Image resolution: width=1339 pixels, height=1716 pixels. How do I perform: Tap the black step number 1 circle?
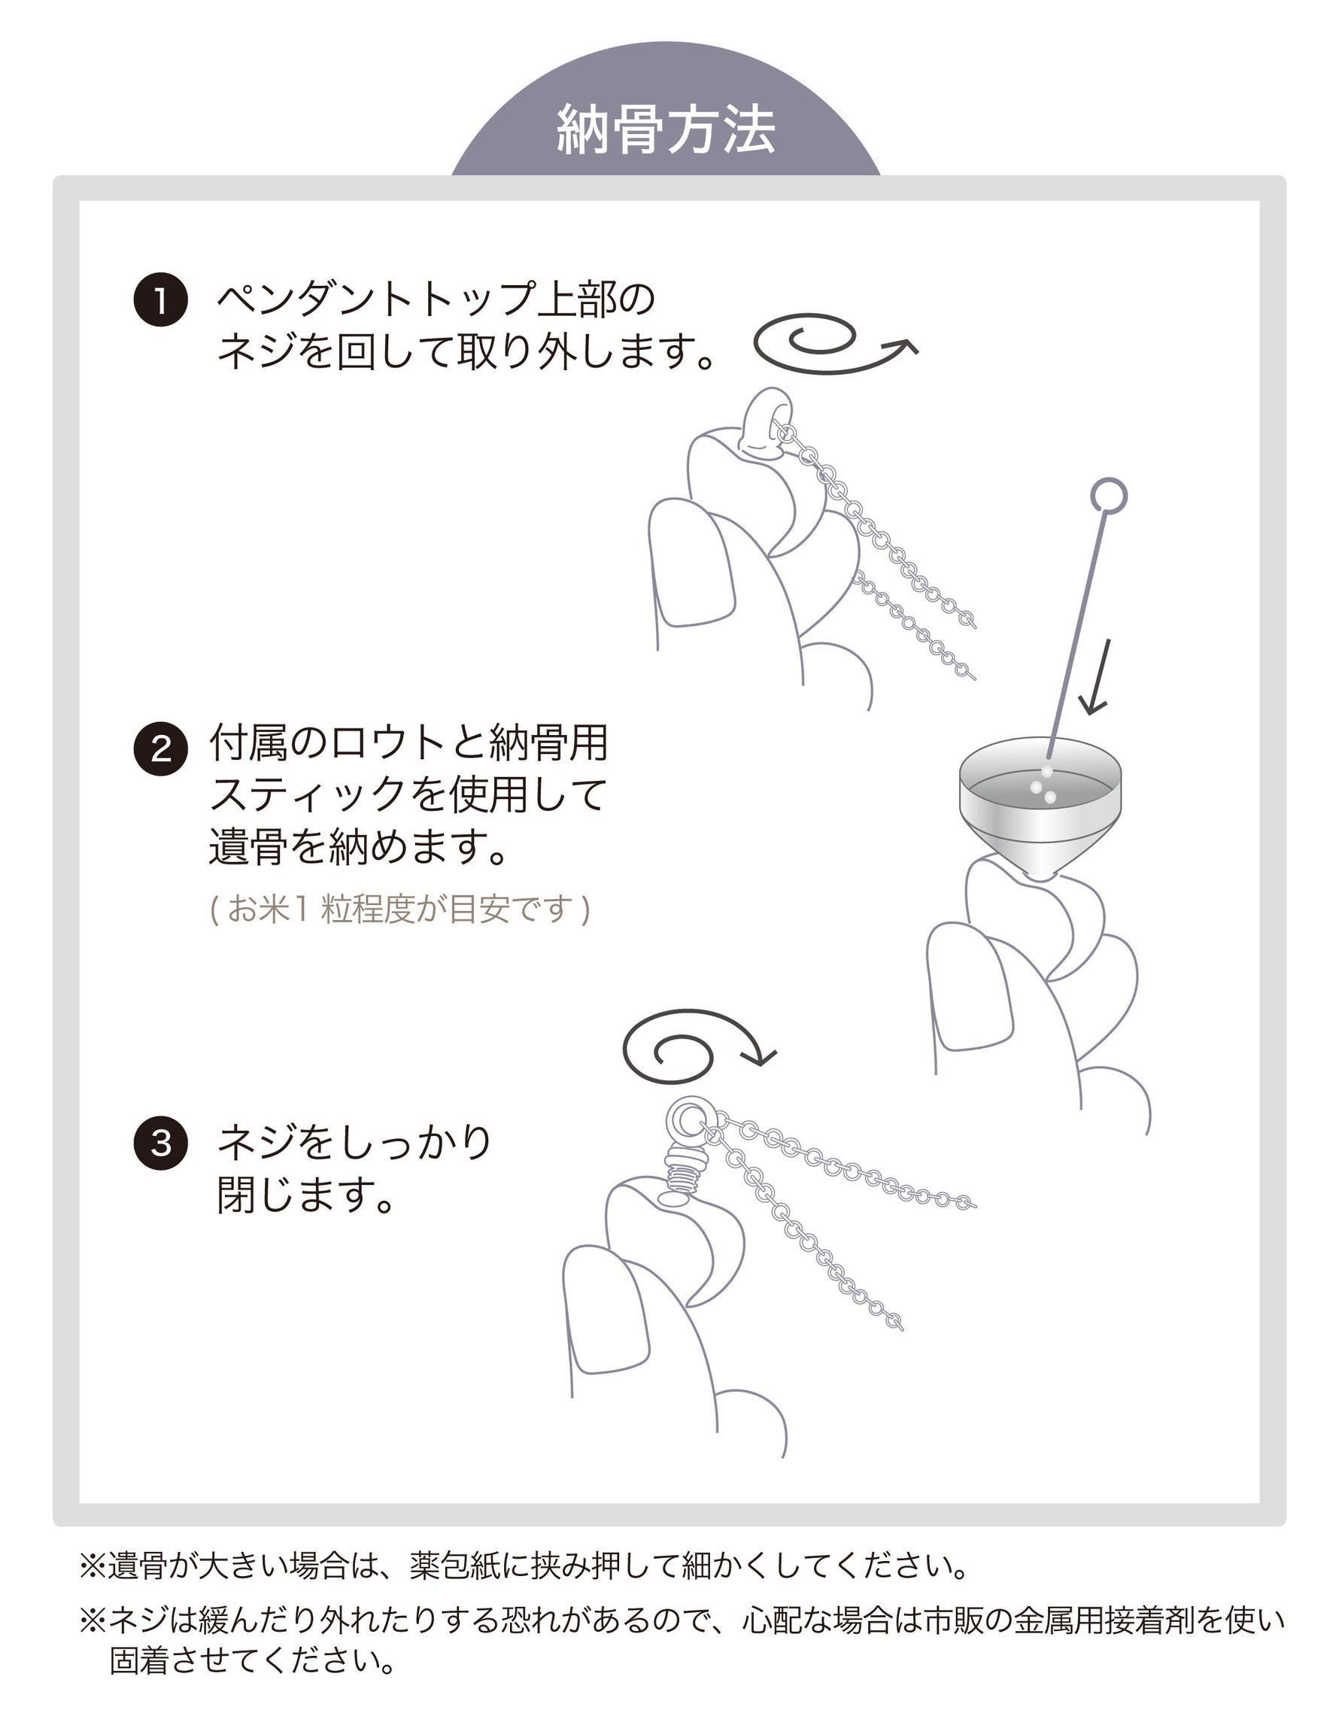pyautogui.click(x=161, y=299)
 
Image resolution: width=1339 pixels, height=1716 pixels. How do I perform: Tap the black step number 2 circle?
pyautogui.click(x=161, y=749)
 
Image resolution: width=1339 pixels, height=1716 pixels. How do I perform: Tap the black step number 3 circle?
pyautogui.click(x=161, y=1143)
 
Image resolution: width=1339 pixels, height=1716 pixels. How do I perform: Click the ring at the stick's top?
pyautogui.click(x=1109, y=496)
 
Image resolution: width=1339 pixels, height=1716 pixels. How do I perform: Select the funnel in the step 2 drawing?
pyautogui.click(x=1040, y=809)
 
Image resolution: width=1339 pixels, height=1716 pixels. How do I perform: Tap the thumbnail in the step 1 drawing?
pyautogui.click(x=691, y=564)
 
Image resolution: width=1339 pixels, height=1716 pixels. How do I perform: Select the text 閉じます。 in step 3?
pyautogui.click(x=305, y=1195)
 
